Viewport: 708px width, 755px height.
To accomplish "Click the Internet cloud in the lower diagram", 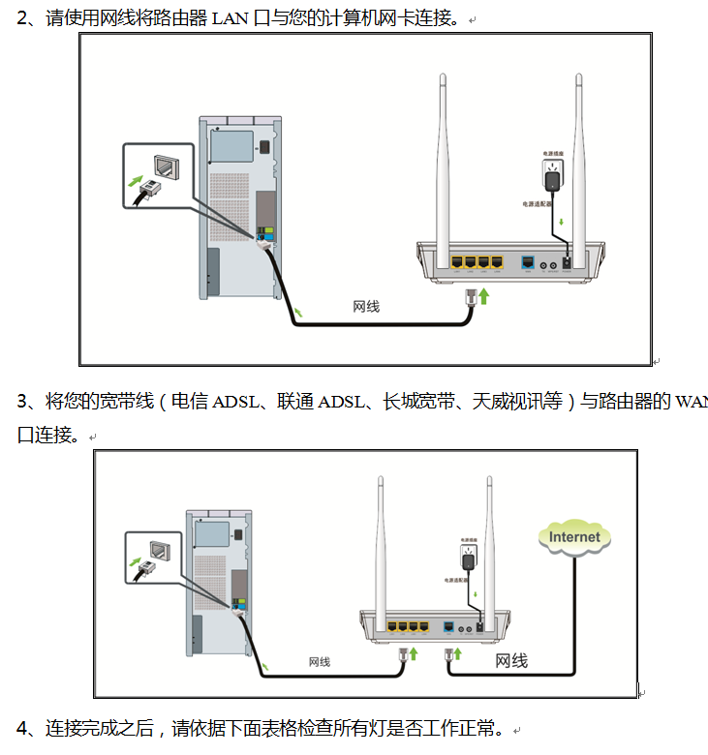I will point(574,537).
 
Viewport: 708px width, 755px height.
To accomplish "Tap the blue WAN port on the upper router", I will point(528,262).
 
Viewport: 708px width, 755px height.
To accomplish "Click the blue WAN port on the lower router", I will point(447,626).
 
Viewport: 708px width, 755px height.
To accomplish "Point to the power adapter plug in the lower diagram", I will point(468,560).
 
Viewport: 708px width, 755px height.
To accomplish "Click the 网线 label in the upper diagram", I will point(365,307).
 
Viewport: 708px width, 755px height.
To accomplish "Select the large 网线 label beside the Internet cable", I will point(511,661).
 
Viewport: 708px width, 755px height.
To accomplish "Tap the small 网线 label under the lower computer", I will point(320,662).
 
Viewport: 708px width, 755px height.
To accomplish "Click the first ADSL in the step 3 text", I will point(236,402).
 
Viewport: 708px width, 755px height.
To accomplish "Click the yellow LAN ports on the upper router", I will point(476,262).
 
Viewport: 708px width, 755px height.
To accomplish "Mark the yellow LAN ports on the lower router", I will point(407,626).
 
